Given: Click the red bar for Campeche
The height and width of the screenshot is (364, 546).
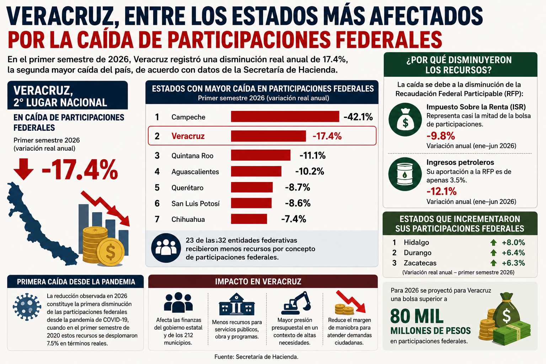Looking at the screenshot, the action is [285, 116].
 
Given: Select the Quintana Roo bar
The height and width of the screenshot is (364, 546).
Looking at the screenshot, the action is [261, 155].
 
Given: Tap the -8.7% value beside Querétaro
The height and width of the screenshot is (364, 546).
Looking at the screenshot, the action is [298, 187].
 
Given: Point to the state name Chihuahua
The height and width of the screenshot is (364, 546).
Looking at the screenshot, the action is [188, 219].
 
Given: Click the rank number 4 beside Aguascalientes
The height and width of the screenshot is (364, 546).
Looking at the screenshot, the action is [157, 171].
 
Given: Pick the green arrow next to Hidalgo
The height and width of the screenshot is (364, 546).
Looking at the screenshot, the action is [493, 242].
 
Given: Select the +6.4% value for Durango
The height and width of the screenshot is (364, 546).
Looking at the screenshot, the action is [513, 253].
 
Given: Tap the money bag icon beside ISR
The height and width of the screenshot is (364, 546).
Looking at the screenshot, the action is [405, 119].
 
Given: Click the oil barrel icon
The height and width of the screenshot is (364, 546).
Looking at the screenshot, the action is [405, 174].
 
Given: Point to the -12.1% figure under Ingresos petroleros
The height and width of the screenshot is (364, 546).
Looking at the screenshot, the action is [441, 191].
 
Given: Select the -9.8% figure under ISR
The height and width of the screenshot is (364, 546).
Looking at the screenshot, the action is [441, 136].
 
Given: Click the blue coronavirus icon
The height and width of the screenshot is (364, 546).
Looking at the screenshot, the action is [27, 307].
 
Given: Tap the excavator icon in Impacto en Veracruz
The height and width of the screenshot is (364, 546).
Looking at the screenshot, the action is [296, 303].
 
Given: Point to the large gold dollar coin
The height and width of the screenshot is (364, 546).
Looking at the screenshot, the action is [111, 252].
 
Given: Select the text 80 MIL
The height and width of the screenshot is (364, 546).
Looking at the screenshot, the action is [417, 316].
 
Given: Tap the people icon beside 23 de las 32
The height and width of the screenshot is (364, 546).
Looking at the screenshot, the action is [166, 248].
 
